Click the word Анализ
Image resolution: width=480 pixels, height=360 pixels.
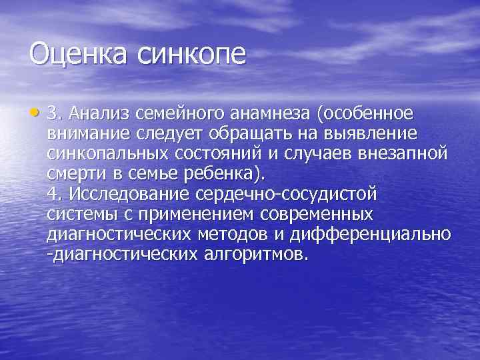(105, 111)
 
